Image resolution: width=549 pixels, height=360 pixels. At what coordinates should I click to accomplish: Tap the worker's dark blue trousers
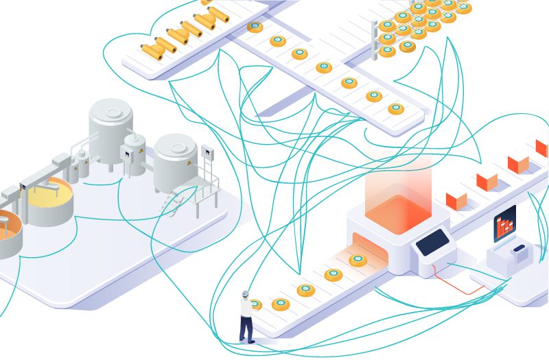(x=245, y=328)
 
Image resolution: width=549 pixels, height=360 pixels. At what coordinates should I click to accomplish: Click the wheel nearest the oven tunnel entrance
(x=357, y=260)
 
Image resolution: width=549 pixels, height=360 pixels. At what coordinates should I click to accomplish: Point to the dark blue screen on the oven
(x=433, y=241)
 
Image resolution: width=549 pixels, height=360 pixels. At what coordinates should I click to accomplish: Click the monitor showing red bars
(x=504, y=223)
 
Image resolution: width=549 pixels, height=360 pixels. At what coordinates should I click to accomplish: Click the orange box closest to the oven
(x=456, y=200)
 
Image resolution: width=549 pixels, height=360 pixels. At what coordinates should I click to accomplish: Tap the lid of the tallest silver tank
(x=109, y=110)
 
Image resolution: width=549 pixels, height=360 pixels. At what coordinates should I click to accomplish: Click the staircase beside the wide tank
(x=180, y=200)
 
